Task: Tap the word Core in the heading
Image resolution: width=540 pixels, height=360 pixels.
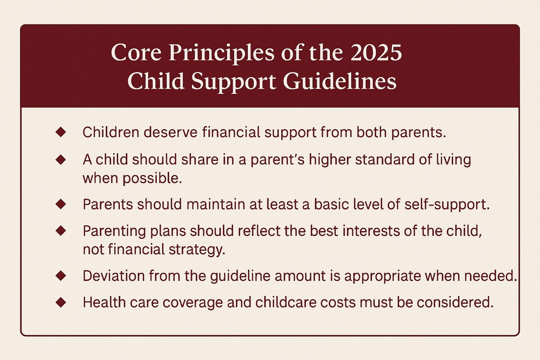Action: point(136,53)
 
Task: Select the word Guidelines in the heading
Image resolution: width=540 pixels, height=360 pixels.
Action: point(339,81)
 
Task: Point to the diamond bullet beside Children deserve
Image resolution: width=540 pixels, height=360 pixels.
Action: point(61,132)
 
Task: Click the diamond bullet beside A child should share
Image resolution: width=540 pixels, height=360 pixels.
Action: point(61,160)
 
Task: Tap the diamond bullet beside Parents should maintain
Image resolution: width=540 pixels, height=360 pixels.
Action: point(61,204)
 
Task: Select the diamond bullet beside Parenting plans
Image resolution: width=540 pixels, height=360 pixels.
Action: point(61,231)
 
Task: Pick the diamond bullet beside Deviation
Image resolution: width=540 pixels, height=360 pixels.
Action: point(61,276)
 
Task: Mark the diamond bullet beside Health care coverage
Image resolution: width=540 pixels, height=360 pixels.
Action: point(61,302)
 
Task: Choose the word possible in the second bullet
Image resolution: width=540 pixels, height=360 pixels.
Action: point(152,178)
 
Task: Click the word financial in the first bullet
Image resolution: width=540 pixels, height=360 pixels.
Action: point(231,132)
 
